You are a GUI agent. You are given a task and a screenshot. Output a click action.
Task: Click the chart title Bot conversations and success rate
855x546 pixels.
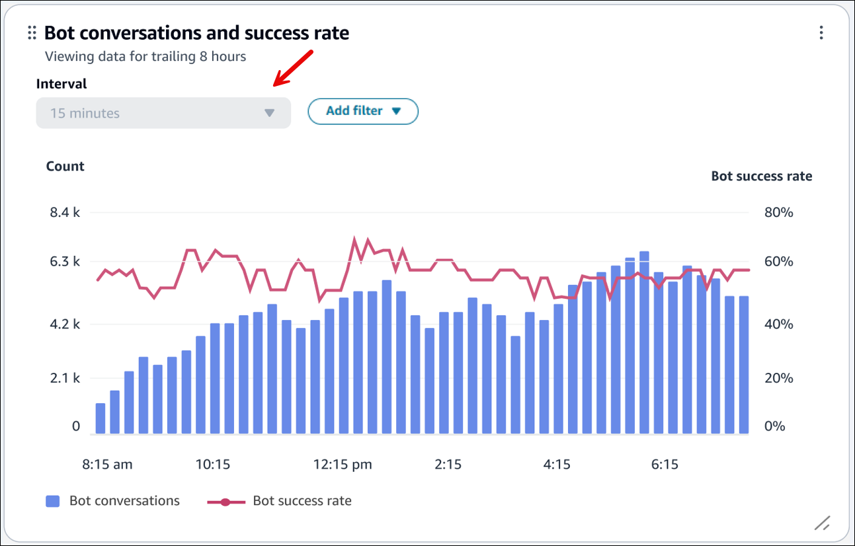pos(196,33)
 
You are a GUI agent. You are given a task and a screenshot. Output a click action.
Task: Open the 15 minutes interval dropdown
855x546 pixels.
pos(163,113)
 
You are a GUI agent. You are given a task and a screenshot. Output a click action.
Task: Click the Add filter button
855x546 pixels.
pos(363,111)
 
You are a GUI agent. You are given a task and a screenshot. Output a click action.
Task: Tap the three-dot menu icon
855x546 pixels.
pos(821,33)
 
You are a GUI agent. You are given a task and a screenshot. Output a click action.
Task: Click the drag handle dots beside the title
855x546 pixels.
pos(32,33)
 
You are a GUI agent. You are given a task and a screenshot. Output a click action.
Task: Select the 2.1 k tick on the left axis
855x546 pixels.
pos(65,379)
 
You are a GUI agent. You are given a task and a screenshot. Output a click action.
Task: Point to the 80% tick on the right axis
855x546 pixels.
pos(778,213)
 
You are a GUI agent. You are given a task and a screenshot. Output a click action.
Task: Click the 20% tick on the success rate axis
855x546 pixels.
pos(778,379)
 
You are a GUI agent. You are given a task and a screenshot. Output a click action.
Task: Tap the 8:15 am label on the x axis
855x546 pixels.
pos(107,465)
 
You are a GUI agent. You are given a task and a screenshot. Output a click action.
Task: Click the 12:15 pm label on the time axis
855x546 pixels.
pos(343,465)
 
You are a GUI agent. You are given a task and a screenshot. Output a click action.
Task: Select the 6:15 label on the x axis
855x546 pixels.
pos(665,465)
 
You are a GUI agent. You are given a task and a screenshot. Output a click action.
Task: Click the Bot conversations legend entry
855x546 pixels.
pos(112,501)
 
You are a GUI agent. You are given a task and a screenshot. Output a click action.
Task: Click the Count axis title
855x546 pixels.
pos(65,167)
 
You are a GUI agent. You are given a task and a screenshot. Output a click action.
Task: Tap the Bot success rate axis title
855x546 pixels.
pos(761,176)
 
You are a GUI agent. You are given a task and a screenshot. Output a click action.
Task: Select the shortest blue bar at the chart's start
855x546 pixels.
pos(101,418)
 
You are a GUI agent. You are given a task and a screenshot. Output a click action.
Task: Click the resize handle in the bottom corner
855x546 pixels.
pos(822,524)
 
